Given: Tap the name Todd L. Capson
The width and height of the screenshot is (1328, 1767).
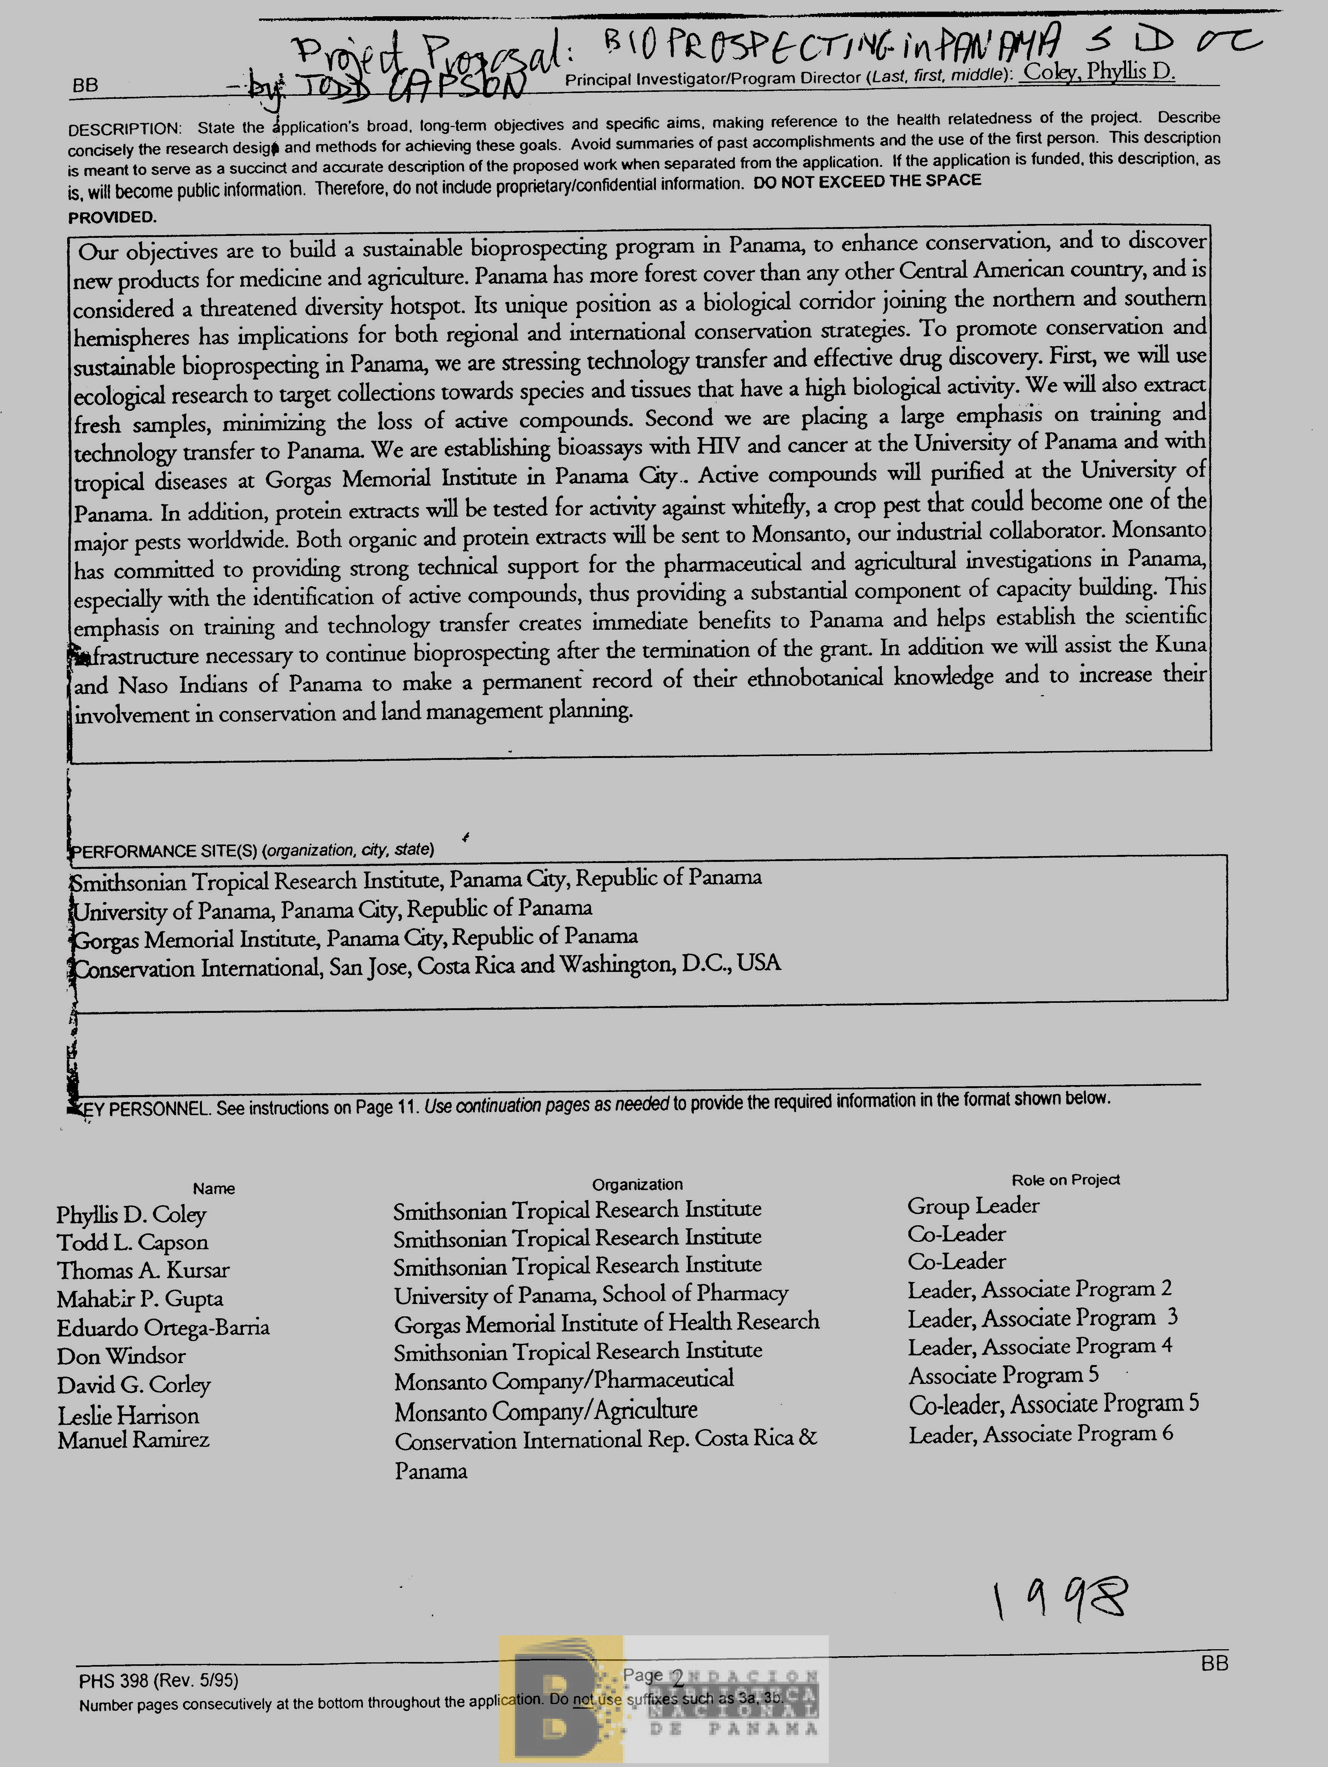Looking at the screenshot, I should click(x=132, y=1243).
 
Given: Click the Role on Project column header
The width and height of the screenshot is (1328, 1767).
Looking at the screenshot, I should click(x=1065, y=1180).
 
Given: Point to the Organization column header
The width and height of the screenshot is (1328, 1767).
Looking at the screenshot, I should click(x=637, y=1184).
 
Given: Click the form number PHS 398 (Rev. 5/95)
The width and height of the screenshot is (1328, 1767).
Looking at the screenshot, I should click(x=158, y=1680).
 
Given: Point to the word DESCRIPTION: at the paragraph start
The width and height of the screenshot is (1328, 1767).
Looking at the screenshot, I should click(x=125, y=129).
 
